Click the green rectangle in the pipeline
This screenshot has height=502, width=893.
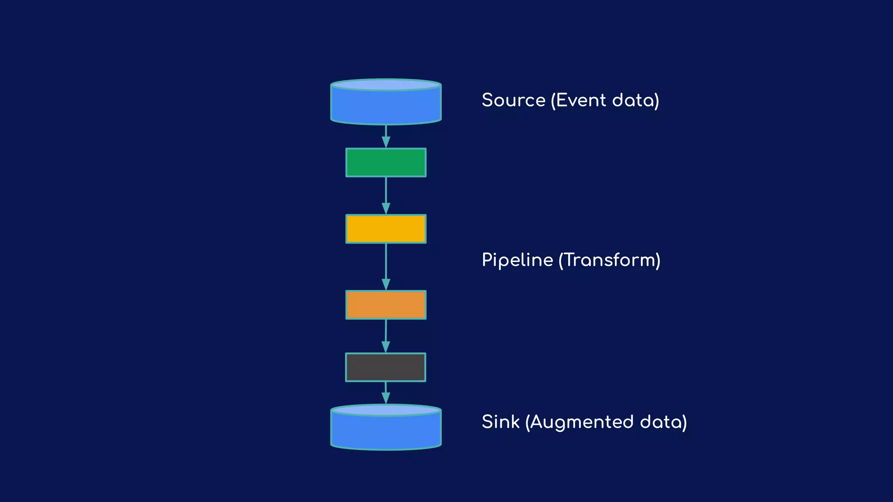click(386, 163)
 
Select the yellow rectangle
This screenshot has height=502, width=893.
click(386, 229)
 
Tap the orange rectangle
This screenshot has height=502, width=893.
click(386, 305)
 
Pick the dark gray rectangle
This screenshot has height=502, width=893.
click(385, 367)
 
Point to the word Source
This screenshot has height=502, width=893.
click(513, 100)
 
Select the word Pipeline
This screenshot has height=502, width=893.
click(517, 260)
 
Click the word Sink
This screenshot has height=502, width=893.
click(500, 422)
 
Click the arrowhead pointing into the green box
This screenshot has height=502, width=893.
click(386, 142)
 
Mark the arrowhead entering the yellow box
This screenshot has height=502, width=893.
click(386, 208)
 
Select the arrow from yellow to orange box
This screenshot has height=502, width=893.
click(386, 266)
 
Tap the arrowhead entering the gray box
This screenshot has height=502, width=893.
click(385, 347)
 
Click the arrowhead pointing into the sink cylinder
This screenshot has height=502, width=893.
click(385, 398)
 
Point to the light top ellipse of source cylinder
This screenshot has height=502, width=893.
click(386, 85)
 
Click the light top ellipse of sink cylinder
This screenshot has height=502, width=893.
click(386, 410)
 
